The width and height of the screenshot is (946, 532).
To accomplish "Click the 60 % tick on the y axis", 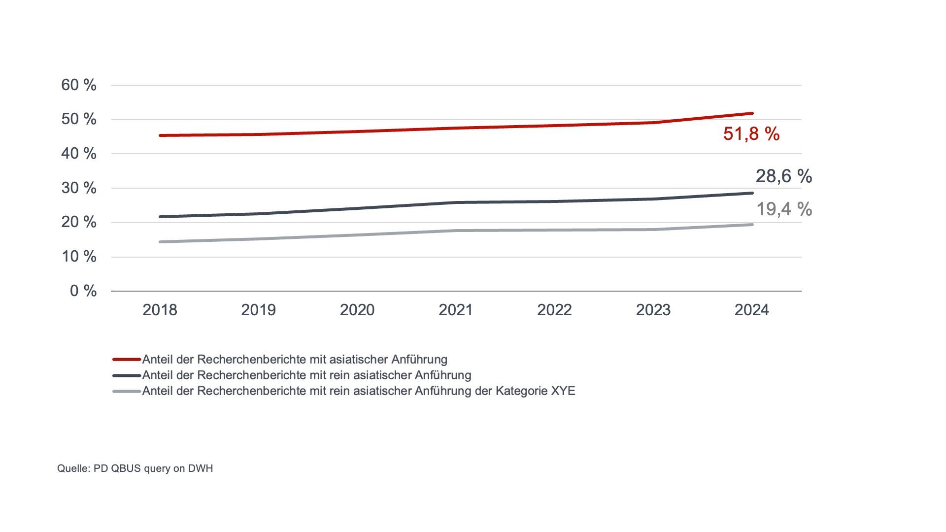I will pyautogui.click(x=79, y=85).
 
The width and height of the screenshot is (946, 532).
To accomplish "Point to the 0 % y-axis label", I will pyautogui.click(x=83, y=291).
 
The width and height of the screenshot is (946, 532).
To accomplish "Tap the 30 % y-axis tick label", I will pyautogui.click(x=79, y=188).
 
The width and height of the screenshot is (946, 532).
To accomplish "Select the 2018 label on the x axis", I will pyautogui.click(x=160, y=310).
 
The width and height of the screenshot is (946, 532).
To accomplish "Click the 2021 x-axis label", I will pyautogui.click(x=456, y=310).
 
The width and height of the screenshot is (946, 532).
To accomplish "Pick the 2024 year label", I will pyautogui.click(x=751, y=310).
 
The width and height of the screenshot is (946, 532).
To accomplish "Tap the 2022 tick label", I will pyautogui.click(x=554, y=310).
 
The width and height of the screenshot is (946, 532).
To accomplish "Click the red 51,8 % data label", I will pyautogui.click(x=751, y=134).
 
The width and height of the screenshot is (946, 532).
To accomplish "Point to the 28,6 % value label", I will pyautogui.click(x=783, y=176).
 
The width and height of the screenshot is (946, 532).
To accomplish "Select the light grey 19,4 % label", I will pyautogui.click(x=784, y=209).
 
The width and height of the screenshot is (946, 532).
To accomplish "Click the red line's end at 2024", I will pyautogui.click(x=752, y=113).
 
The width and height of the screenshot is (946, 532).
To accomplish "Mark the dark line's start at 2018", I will pyautogui.click(x=160, y=217).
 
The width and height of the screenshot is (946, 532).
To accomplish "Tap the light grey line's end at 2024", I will pyautogui.click(x=752, y=225).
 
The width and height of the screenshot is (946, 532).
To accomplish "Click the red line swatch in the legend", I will pyautogui.click(x=127, y=360).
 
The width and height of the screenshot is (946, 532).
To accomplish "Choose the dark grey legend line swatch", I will pyautogui.click(x=127, y=375).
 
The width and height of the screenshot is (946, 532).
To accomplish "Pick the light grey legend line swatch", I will pyautogui.click(x=127, y=391).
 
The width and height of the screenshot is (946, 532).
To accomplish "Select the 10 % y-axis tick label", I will pyautogui.click(x=79, y=257).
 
